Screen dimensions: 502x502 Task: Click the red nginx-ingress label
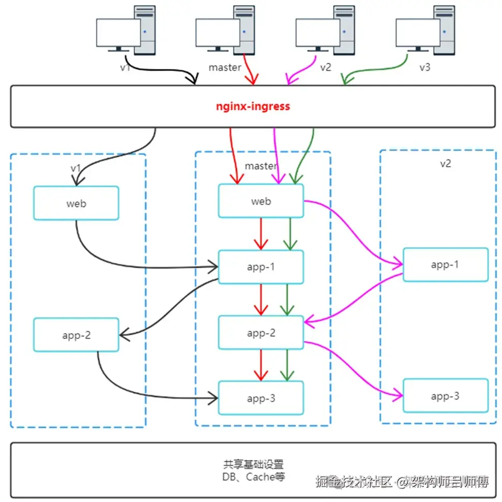253,107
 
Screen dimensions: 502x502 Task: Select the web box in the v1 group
77,203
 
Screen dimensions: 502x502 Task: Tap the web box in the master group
261,201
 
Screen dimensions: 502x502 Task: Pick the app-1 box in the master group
261,267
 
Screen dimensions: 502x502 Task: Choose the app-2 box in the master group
261,333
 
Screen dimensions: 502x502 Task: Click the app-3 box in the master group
261,398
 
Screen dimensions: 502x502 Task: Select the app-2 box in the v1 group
77,335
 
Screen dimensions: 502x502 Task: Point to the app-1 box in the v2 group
445,264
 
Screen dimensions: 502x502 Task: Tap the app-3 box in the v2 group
445,396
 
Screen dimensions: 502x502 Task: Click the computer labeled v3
424,30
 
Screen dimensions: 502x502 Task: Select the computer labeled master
225,30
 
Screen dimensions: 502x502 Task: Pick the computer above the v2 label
325,30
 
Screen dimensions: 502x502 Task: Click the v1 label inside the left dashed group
76,168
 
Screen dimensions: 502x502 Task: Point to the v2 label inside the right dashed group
445,164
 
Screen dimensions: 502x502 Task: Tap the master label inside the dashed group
261,166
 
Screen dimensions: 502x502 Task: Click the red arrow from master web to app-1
261,233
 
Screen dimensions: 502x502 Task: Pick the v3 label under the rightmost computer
424,67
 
